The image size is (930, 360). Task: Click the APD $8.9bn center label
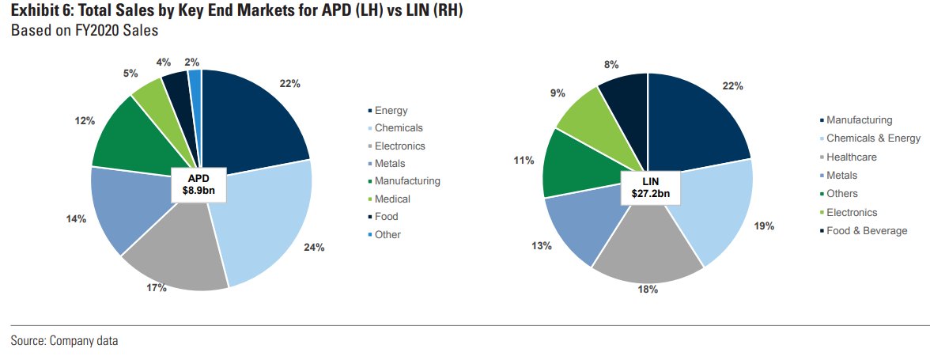202,184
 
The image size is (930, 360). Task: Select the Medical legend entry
392,199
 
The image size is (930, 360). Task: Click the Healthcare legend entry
851,157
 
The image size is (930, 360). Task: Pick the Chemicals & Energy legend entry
873,138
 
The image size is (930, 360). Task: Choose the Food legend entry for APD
386,217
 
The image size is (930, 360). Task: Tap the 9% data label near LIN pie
558,93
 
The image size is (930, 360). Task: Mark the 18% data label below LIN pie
648,290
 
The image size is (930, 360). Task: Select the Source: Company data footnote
64,341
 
